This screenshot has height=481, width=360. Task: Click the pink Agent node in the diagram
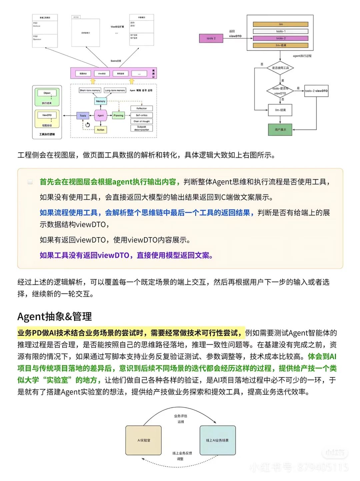(x=100, y=115)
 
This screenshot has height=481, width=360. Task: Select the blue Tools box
(x=83, y=116)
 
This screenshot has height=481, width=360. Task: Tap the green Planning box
(x=118, y=116)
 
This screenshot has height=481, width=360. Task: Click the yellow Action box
(x=100, y=130)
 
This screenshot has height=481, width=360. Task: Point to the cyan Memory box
(x=100, y=101)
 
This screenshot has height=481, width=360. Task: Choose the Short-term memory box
(x=90, y=90)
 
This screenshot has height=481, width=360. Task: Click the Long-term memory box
(x=115, y=90)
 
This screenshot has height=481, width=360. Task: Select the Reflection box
(x=142, y=108)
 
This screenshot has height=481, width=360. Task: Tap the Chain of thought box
(x=142, y=121)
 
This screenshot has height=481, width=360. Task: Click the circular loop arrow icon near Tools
(x=88, y=125)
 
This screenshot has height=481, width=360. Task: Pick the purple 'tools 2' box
(x=211, y=38)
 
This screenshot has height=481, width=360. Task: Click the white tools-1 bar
(x=280, y=31)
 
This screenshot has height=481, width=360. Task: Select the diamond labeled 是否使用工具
(x=280, y=68)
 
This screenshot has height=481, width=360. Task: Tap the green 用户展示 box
(x=280, y=130)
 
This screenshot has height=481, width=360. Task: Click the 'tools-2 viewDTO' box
(x=316, y=91)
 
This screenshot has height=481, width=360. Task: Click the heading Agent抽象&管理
(x=55, y=316)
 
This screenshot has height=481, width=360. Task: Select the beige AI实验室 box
(x=144, y=440)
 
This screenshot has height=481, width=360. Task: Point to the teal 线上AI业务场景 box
(x=217, y=440)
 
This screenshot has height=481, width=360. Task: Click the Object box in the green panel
(x=47, y=93)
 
